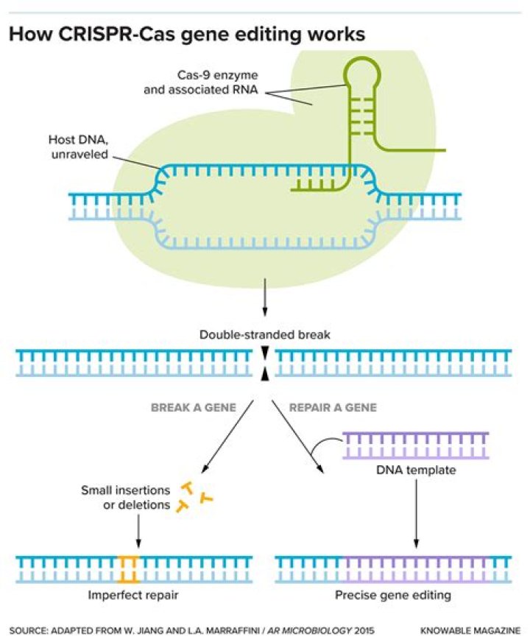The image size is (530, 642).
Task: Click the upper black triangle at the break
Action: point(264,356)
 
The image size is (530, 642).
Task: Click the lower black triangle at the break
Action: point(264,375)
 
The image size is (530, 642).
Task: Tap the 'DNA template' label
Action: point(415,469)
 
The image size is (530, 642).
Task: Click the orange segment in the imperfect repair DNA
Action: point(130,568)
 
